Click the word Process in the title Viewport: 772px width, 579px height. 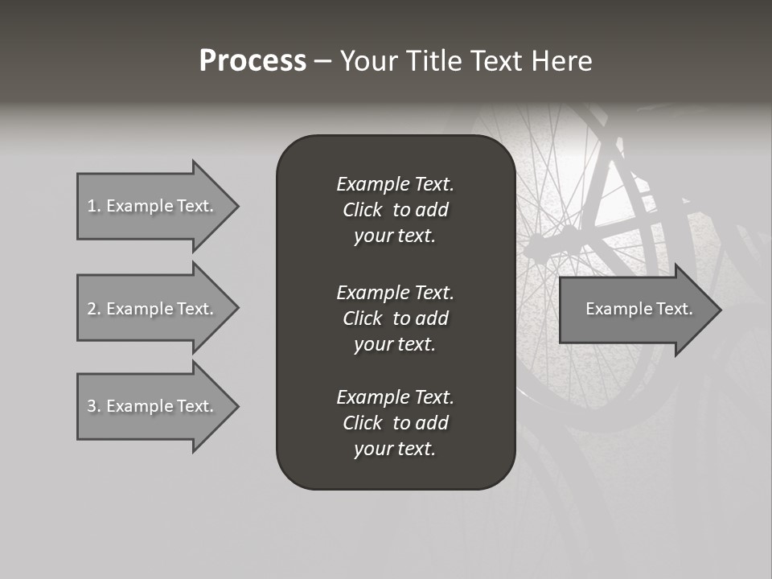253,61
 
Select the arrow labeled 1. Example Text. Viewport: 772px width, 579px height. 150,206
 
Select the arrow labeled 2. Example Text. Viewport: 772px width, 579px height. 150,309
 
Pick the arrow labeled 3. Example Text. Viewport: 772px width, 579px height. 150,406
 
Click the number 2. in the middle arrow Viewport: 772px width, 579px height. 93,309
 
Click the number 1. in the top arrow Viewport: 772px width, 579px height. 93,206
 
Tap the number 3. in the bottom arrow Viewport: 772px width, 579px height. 93,406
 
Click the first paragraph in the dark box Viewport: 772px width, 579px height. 395,210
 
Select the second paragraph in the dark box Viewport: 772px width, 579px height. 395,318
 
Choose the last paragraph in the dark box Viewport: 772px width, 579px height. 395,423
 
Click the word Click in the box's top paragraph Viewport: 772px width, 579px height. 362,211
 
